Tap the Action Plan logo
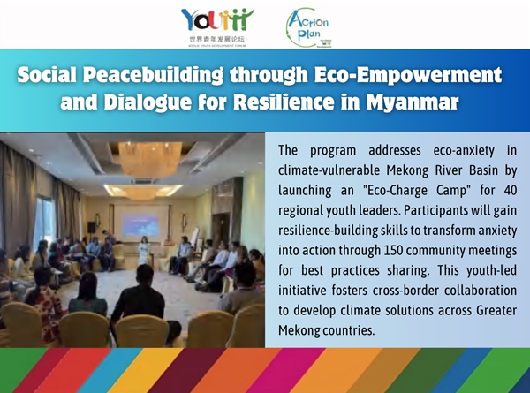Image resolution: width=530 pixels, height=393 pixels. click(307, 28)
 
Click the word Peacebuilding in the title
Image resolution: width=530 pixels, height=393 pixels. click(153, 75)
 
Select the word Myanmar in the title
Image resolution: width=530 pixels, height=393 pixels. click(413, 102)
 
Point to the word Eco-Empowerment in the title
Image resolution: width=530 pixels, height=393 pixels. click(408, 75)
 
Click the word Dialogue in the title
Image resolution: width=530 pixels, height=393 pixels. click(148, 102)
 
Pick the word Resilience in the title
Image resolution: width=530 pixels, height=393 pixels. click(284, 102)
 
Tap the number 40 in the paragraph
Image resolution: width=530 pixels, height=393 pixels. click(510, 190)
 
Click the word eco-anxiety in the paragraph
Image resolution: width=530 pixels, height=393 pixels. click(464, 151)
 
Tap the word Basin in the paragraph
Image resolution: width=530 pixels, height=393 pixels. click(483, 170)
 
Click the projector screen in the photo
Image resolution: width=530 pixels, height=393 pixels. click(140, 224)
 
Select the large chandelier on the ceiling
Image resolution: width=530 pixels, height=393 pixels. click(149, 159)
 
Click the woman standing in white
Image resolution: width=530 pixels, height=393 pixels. click(144, 251)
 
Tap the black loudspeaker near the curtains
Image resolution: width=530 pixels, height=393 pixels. click(91, 227)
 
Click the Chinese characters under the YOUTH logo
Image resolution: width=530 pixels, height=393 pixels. click(216, 40)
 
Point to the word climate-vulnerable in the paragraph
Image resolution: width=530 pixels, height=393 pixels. click(329, 170)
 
